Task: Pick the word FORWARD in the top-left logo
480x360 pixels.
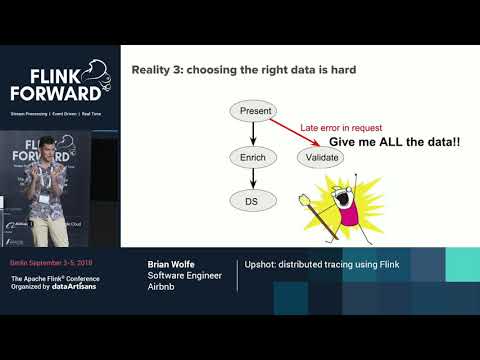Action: (x=55, y=93)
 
